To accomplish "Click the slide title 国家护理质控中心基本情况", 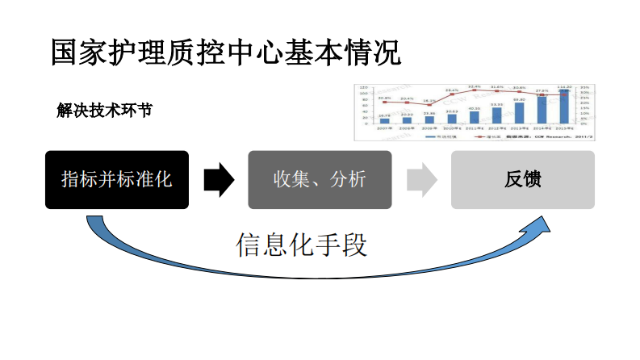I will (225, 52).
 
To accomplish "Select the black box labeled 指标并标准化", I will (117, 180).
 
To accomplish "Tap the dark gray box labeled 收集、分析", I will (320, 180).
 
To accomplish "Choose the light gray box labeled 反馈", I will (523, 180).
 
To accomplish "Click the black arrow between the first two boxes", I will (218, 180).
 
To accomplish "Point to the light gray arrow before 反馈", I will (421, 180).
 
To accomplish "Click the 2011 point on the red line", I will (475, 90).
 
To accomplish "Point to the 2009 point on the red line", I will (429, 105).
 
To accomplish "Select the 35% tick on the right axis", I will (585, 86).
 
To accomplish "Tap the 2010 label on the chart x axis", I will (452, 128).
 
